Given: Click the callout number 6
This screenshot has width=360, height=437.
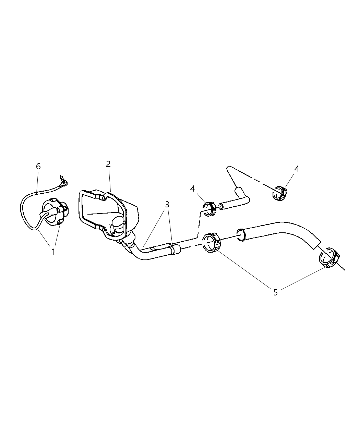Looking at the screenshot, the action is [38, 167].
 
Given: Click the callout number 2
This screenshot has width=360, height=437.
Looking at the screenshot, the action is [108, 164].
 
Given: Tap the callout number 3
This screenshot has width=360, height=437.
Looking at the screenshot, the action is [167, 205].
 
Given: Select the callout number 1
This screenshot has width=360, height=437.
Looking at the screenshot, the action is [53, 252].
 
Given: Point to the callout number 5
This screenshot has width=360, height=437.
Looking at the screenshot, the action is [276, 292].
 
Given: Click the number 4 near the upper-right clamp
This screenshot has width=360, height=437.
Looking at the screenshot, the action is [297, 169].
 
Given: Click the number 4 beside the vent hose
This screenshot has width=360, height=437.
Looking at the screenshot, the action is [192, 189].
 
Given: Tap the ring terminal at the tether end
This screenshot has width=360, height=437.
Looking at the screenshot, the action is [64, 184].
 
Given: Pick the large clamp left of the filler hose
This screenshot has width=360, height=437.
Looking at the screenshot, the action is [212, 242].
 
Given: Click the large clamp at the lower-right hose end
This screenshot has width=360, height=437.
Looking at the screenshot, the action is [329, 257].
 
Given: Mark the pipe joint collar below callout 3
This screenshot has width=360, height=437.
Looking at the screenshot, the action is [172, 250].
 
